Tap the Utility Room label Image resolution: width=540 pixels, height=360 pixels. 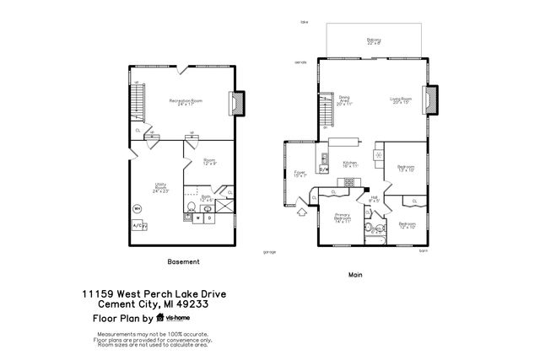(x=159, y=188)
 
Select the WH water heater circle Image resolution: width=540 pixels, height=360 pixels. (x=137, y=208)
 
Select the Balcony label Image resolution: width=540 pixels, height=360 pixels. (x=374, y=40)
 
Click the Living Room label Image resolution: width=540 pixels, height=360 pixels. (x=400, y=100)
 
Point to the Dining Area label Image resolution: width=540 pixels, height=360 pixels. (x=344, y=100)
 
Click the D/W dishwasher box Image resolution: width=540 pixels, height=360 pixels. (x=323, y=169)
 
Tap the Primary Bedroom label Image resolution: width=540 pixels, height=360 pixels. (x=342, y=219)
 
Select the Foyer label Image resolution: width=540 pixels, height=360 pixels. (x=299, y=175)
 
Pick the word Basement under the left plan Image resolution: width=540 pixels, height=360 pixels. (x=184, y=261)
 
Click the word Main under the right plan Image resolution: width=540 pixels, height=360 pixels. (x=355, y=275)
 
